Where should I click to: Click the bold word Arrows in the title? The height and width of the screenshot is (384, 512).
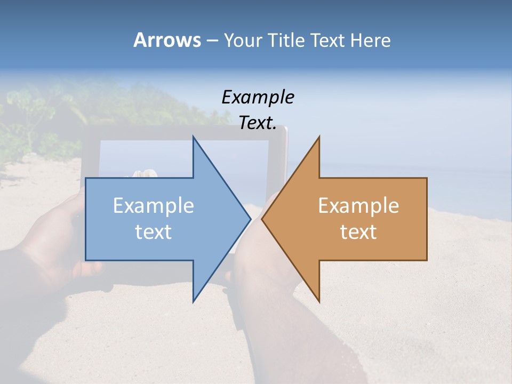[x=167, y=40]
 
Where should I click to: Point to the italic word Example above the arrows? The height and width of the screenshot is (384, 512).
[x=258, y=97]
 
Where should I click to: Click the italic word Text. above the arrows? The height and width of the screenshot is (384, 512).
[x=258, y=123]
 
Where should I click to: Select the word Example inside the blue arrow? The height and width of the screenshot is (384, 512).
[x=154, y=206]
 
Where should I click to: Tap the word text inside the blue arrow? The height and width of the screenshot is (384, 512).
[x=154, y=232]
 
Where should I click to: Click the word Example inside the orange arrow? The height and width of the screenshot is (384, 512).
[x=358, y=206]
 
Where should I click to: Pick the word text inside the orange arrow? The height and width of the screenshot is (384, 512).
[x=358, y=232]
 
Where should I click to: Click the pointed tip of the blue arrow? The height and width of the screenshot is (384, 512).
[x=250, y=219]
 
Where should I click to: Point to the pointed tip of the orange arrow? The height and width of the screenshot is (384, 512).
[x=262, y=219]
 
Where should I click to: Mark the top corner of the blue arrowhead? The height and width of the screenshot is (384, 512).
[x=193, y=137]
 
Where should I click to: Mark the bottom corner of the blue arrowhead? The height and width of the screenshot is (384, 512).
[x=193, y=301]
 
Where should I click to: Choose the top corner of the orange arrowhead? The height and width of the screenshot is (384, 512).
[x=319, y=137]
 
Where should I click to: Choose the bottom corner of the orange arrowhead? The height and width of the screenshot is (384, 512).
[x=319, y=301]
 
